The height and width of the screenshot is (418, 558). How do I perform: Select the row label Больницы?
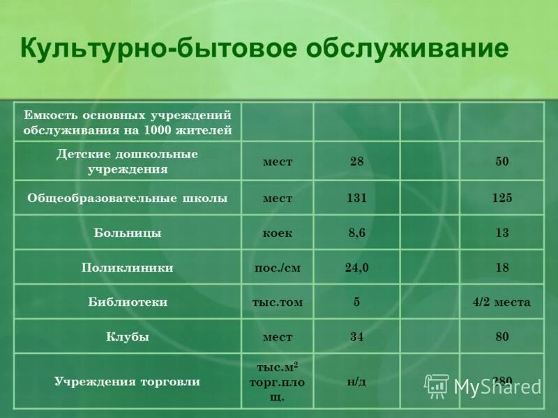pos(128,233)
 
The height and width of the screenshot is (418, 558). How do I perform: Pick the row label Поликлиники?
pos(128,268)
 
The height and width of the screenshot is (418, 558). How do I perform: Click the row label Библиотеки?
pos(128,302)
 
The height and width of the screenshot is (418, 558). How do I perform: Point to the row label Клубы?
pos(128,337)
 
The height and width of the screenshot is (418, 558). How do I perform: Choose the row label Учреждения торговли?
pos(128,382)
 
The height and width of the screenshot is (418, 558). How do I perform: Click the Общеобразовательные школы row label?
pos(128,199)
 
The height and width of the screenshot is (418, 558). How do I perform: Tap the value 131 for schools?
pos(356,199)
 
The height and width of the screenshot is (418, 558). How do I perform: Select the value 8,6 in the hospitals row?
pos(356,233)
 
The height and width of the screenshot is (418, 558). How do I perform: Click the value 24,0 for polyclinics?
pos(356,268)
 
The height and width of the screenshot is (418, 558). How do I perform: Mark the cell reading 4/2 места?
pos(501,302)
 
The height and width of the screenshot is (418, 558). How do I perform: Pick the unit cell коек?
pos(277,233)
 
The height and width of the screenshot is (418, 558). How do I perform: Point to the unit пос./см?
pos(277,268)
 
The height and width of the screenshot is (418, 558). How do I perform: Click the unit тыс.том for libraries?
pos(277,302)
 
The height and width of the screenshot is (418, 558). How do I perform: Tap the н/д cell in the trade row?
pos(356,382)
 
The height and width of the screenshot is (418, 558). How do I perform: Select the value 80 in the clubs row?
pos(502,337)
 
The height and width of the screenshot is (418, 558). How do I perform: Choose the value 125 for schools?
pos(502,199)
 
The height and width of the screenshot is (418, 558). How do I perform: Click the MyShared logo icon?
pos(437,385)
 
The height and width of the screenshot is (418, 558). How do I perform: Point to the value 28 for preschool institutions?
pos(356,162)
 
